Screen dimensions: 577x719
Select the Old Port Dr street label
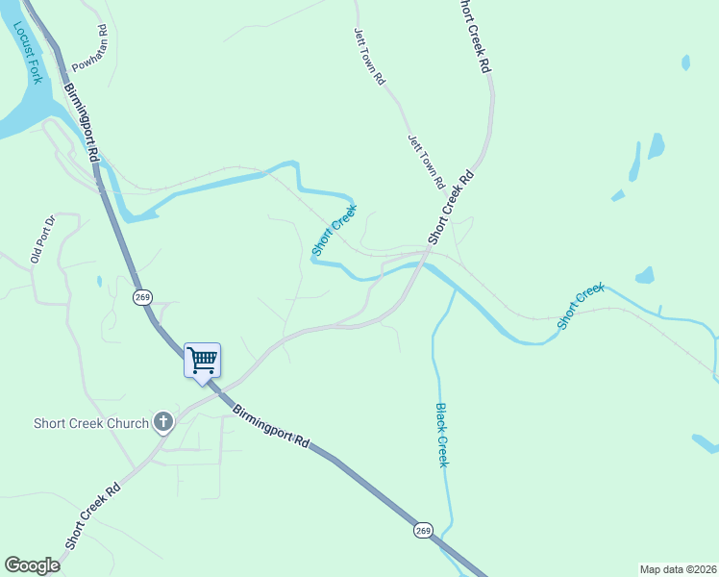click(44, 240)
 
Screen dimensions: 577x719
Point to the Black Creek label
click(441, 435)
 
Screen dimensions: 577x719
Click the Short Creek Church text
click(91, 423)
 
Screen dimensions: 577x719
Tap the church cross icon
click(163, 421)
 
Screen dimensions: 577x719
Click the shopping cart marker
click(202, 362)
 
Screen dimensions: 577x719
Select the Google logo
click(33, 565)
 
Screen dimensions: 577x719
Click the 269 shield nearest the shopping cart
click(142, 297)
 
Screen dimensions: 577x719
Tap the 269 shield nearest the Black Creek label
click(424, 530)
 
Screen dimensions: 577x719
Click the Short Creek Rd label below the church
click(92, 515)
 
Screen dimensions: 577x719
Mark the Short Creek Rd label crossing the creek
click(452, 207)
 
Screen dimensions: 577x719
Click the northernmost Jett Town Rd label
click(369, 57)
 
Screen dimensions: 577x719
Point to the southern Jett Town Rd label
click(425, 161)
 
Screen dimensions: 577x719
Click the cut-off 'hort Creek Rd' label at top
click(474, 37)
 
